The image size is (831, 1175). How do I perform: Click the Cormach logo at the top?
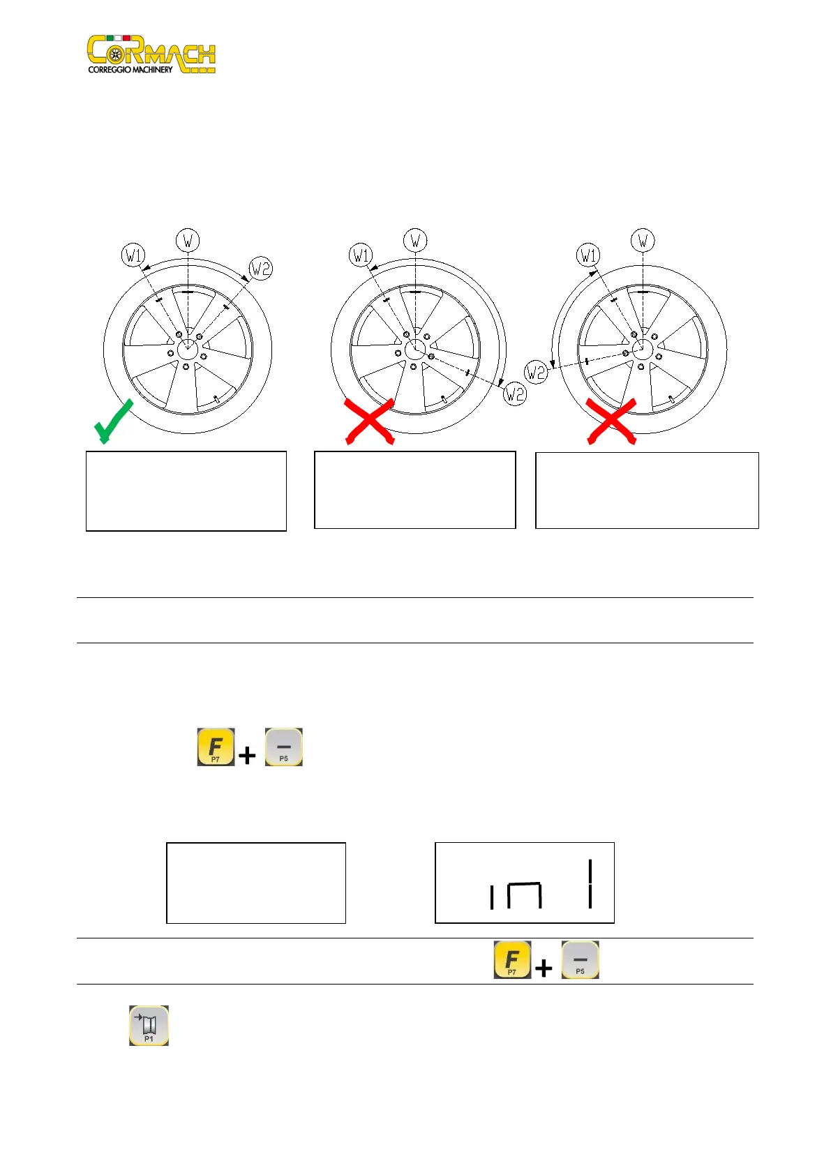pos(151,54)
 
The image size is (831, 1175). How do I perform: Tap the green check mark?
pos(114,421)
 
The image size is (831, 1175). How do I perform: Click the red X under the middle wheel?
pos(370,421)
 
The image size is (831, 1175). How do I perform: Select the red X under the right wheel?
pos(611,421)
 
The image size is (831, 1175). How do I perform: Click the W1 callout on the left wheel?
pos(133,255)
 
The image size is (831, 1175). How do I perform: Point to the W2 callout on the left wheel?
pos(260,268)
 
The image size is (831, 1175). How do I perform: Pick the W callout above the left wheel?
pos(188,241)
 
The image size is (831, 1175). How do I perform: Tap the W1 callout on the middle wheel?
pos(360,255)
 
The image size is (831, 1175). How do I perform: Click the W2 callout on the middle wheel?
pos(515,394)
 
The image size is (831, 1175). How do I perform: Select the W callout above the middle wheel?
pos(415,241)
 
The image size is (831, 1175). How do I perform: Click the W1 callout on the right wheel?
pos(588,255)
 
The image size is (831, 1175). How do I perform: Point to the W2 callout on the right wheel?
pos(535,372)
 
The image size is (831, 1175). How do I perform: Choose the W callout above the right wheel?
pos(643,241)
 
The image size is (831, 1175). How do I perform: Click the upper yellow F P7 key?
pos(216,747)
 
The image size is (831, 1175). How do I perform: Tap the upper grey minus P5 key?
pos(284,747)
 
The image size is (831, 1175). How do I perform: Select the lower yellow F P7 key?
pos(512,959)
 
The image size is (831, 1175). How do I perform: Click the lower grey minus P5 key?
pos(581,959)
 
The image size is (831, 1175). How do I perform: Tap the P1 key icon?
pos(149,1025)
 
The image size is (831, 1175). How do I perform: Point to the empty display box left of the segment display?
pos(256,883)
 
